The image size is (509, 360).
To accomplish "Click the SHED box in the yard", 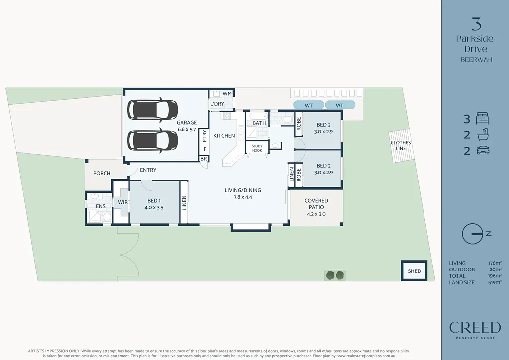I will click(x=414, y=271).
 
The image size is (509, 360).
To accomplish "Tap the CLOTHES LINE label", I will click(x=401, y=145).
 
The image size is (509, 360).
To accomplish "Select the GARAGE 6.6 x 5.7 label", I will click(x=187, y=126).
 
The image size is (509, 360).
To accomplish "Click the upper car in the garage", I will click(x=153, y=110).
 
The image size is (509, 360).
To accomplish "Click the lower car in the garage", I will click(x=153, y=140).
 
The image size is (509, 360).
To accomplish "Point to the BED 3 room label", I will click(x=323, y=128).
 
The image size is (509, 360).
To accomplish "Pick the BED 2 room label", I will click(x=323, y=169).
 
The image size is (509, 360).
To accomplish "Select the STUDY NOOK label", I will click(x=257, y=148).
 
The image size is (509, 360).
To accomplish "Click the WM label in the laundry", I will click(x=227, y=93).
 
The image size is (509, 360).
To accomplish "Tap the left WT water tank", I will click(x=308, y=105).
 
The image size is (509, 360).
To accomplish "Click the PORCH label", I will click(x=102, y=173).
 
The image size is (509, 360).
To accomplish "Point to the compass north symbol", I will click(x=473, y=234).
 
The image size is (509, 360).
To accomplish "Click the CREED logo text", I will click(x=475, y=327).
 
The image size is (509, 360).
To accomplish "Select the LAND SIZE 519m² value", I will click(x=495, y=282).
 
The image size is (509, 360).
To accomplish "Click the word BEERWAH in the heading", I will click(x=475, y=59).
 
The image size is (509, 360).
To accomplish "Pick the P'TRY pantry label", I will click(x=204, y=135).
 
